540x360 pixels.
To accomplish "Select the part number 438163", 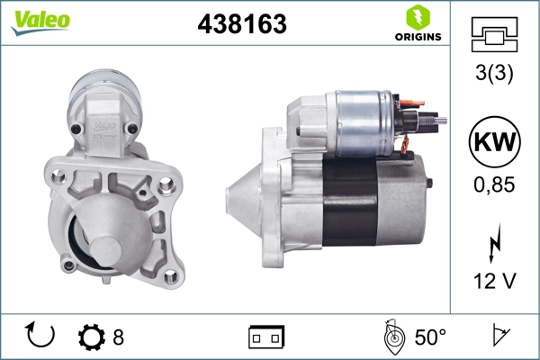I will click(x=241, y=25).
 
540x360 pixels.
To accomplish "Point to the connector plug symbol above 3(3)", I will click(x=494, y=35).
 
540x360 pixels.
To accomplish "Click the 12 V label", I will click(x=494, y=282).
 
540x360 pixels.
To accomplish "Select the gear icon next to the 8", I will click(x=92, y=337).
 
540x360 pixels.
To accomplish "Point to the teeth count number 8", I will click(x=118, y=337).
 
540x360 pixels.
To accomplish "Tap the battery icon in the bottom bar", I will click(x=266, y=337).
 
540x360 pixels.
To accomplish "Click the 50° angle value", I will click(x=430, y=337).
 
